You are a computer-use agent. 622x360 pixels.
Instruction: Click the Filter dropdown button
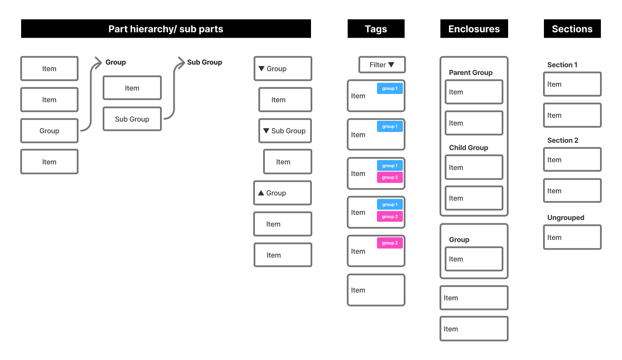coord(382,65)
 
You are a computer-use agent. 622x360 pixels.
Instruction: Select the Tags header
coord(376,29)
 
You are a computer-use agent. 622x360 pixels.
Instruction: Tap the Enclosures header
coord(474,29)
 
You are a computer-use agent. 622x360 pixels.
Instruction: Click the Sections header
coord(572,29)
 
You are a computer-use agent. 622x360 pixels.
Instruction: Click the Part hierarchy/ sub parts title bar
coord(166,29)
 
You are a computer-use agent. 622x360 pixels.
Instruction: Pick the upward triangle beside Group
coord(261,193)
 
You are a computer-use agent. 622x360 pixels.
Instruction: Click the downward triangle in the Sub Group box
coord(266,131)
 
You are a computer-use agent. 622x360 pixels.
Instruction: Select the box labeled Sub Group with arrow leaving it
coord(132,119)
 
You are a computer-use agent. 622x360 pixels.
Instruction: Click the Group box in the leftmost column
coord(49,131)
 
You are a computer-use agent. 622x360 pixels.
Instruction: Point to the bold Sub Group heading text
coord(204,62)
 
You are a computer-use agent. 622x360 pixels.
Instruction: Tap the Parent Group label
coord(471,73)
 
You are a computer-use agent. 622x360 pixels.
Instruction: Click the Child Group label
coord(468,148)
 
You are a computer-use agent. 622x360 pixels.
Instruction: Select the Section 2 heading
coord(562,140)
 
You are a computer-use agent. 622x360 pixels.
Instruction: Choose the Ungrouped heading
coord(565,218)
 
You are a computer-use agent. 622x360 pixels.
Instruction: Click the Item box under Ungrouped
coord(572,237)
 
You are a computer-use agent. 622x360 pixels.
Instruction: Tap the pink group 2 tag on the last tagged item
coord(390,243)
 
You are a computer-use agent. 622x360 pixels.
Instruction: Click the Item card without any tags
coord(376,290)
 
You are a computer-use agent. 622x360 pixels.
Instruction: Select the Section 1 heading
coord(562,65)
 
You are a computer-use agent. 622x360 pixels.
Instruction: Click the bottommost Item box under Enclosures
coord(474,329)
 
